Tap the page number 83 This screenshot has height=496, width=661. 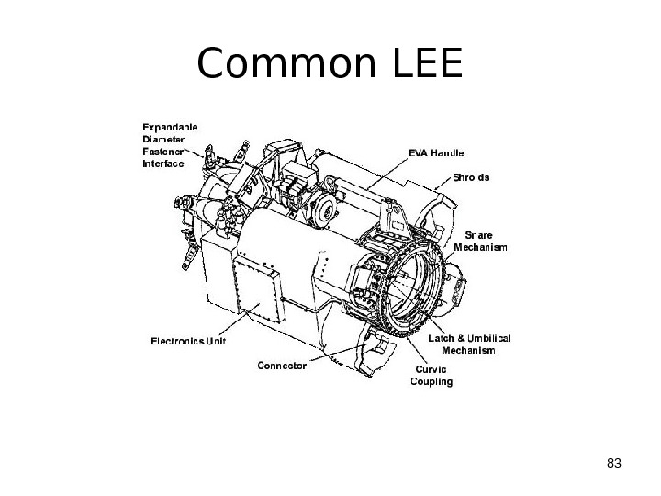click(x=614, y=461)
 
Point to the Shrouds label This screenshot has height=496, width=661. click(x=471, y=176)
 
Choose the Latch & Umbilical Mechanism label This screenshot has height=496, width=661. click(x=469, y=344)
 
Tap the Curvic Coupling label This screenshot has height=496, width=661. click(x=430, y=376)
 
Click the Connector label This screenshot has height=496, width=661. click(x=282, y=365)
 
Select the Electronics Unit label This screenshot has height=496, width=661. click(x=188, y=342)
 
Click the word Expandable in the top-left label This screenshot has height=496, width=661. click(x=169, y=127)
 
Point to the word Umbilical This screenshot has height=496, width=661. click(x=487, y=338)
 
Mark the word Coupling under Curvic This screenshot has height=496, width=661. click(x=431, y=381)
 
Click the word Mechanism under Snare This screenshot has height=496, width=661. click(x=482, y=247)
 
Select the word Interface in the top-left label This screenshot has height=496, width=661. click(x=163, y=163)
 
